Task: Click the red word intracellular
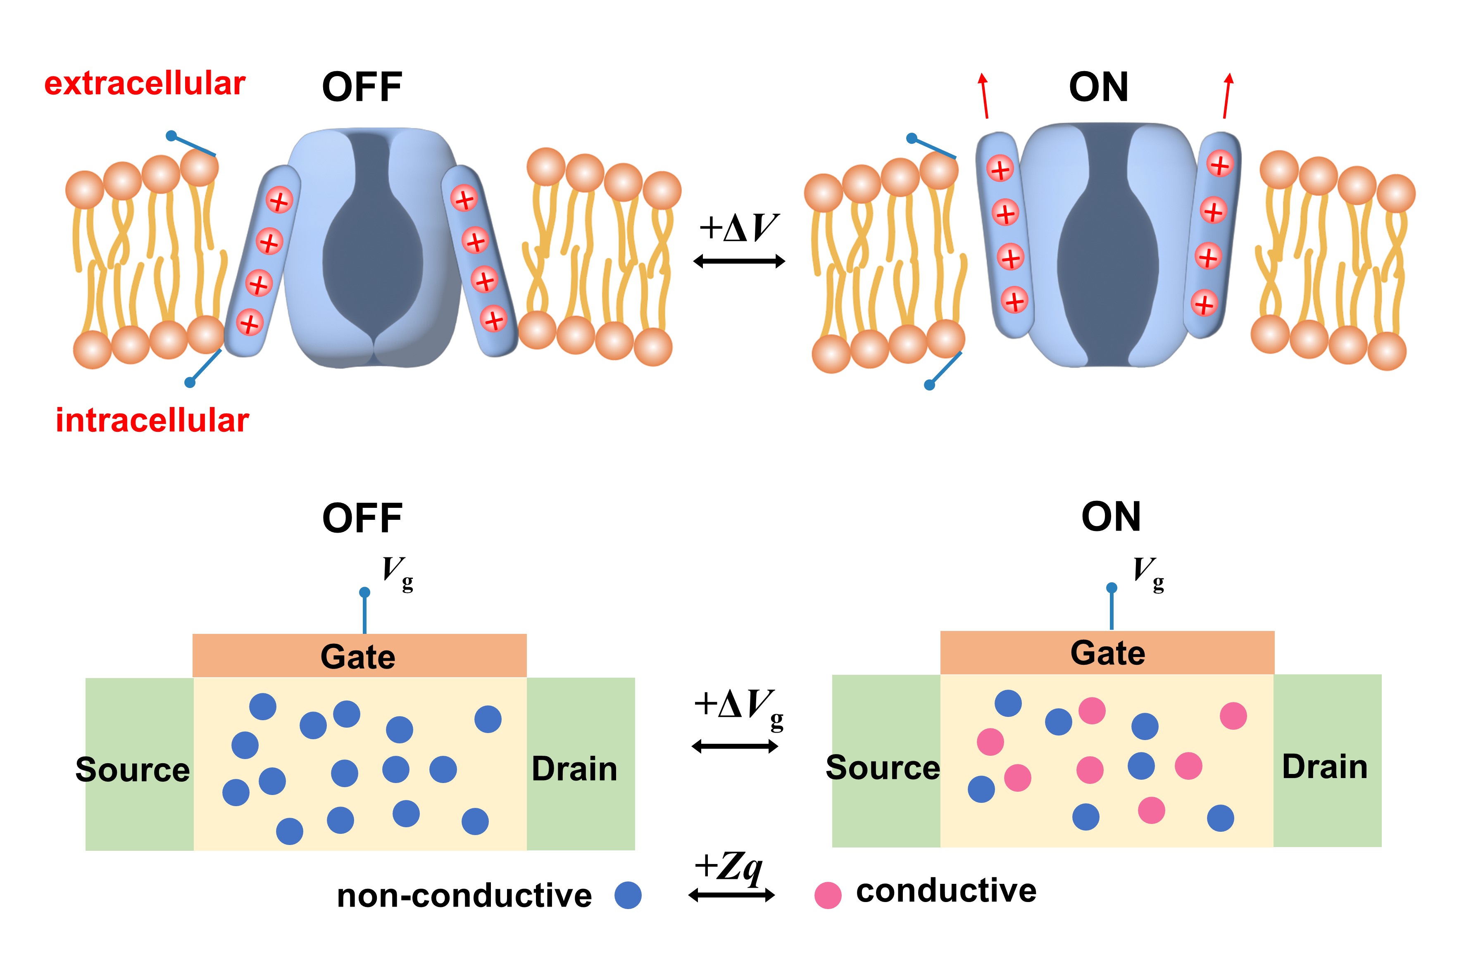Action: (152, 420)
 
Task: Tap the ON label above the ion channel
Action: (1099, 87)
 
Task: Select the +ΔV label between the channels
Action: (739, 228)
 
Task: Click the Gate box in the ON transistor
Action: (1107, 653)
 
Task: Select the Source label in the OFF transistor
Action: (133, 770)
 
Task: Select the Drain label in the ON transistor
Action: (1325, 767)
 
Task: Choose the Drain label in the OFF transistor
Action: (574, 769)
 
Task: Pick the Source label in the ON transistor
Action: (883, 767)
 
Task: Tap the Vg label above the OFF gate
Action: (397, 573)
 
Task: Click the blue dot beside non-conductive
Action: (627, 895)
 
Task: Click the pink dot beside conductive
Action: (828, 895)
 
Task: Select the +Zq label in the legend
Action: (729, 867)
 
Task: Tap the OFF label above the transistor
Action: (362, 519)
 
